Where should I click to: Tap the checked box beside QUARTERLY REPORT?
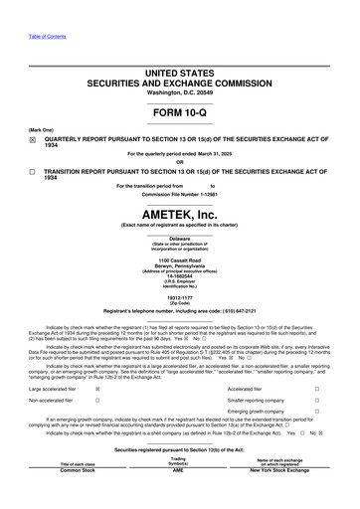click(33, 141)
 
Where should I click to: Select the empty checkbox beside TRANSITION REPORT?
click(33, 172)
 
